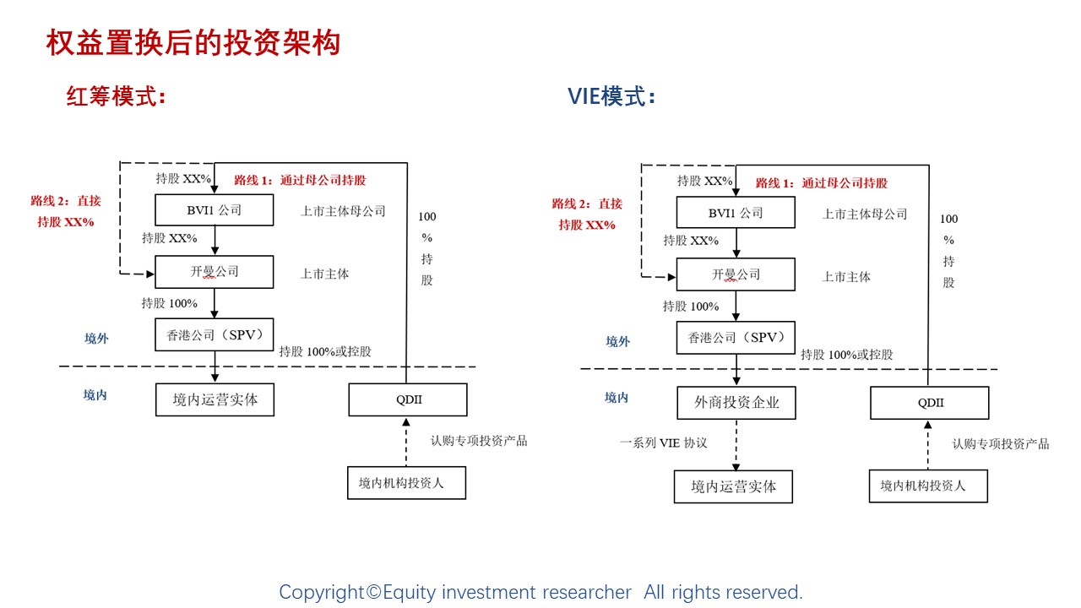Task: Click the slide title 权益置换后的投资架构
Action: point(193,42)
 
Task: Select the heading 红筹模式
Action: point(116,96)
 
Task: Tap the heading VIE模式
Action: point(611,96)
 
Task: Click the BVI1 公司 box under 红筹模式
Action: point(215,210)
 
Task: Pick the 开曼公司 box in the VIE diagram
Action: point(736,275)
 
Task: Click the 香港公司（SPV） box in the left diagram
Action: point(215,335)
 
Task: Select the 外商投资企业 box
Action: point(736,403)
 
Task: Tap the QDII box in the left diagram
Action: point(408,399)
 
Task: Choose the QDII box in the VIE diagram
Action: point(930,403)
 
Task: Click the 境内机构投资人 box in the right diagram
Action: point(928,486)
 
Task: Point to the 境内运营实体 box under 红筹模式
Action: point(215,399)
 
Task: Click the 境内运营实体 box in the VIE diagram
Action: point(733,486)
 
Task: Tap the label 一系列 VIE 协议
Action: point(663,442)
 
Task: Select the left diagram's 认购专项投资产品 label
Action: point(479,441)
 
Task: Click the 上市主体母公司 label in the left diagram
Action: point(343,211)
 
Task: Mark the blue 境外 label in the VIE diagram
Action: point(618,342)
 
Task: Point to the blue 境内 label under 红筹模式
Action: point(95,395)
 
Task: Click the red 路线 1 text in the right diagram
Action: point(821,183)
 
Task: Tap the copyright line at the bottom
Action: point(540,593)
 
